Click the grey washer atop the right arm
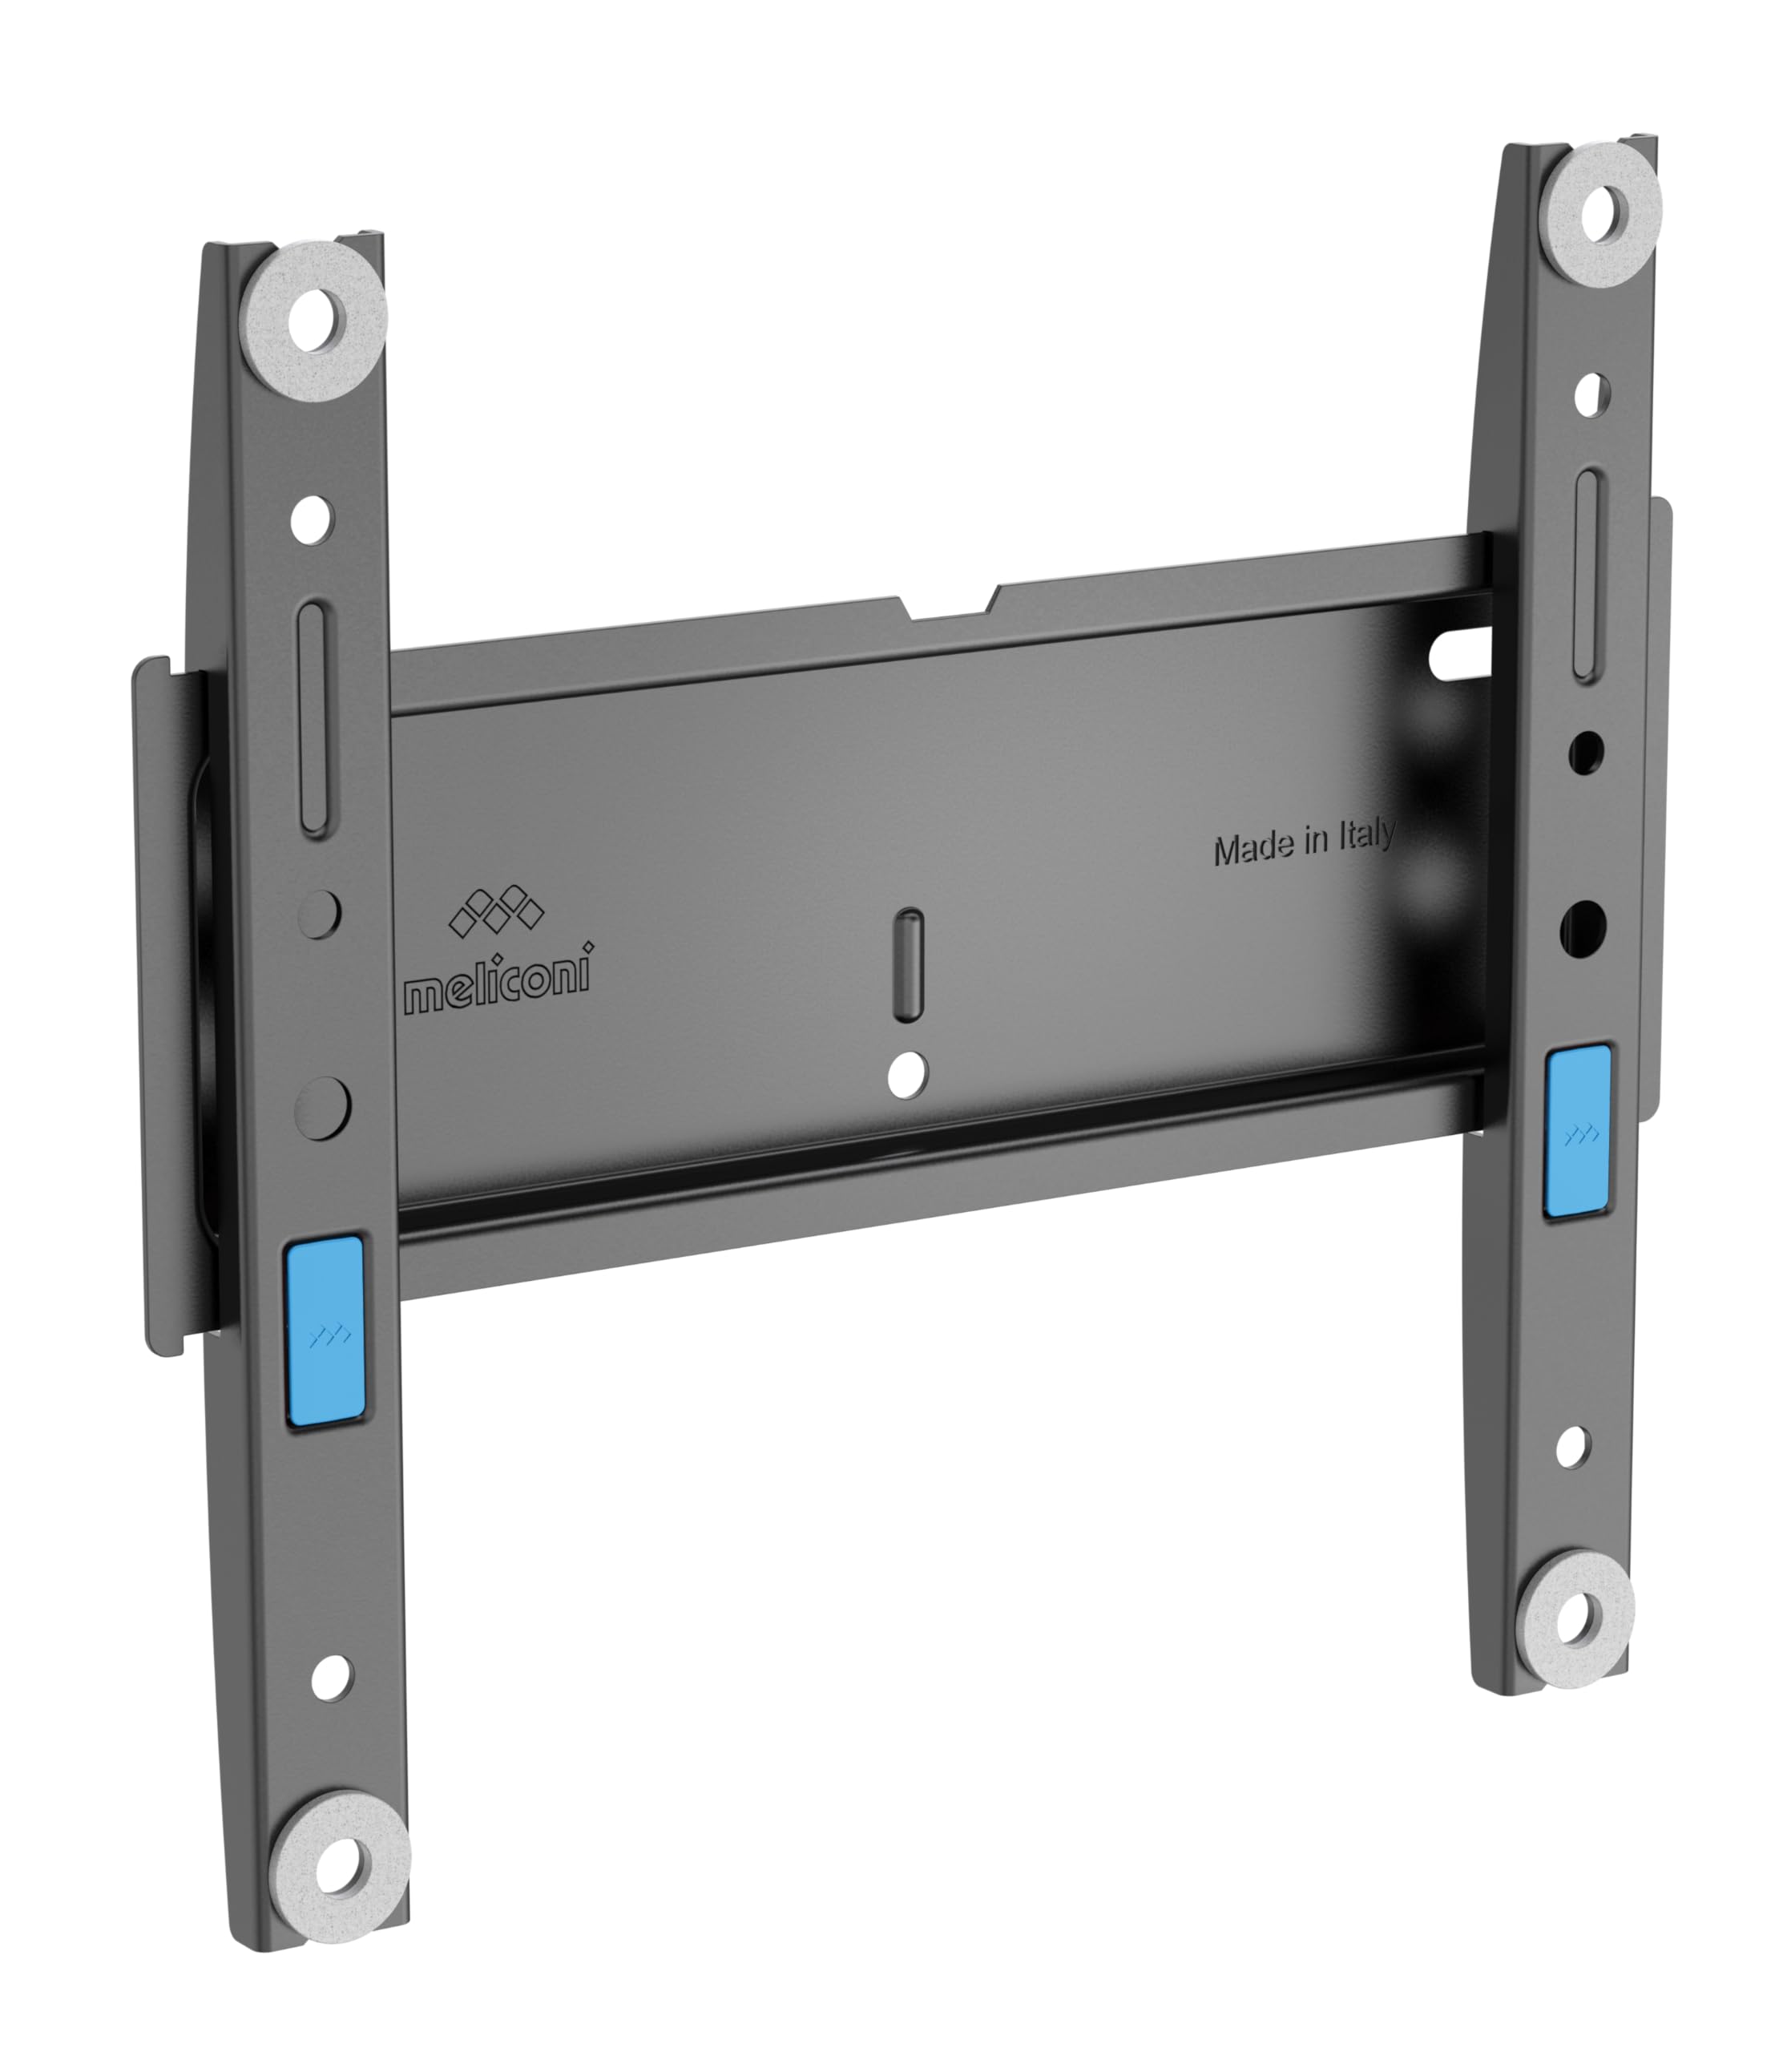(1607, 216)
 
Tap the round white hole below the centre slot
(906, 1076)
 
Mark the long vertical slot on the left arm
(314, 718)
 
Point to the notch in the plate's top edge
(947, 608)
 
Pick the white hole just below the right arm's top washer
(1591, 395)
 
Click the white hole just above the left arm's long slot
(313, 518)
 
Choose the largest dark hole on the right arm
(1583, 925)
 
